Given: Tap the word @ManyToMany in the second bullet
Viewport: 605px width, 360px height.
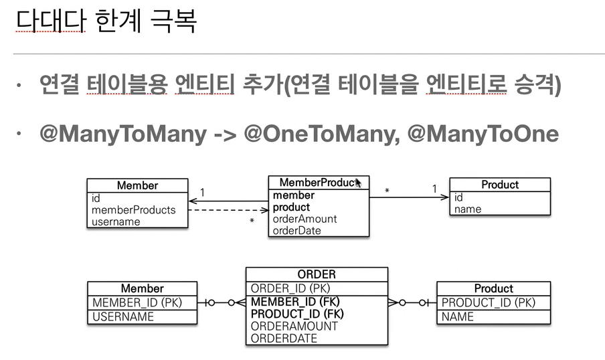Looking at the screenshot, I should point(124,134).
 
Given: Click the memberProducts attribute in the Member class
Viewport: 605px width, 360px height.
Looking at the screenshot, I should point(133,209).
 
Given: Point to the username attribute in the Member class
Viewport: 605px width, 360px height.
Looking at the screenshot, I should point(116,221).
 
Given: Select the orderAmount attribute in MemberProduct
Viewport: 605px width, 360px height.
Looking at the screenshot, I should point(305,219).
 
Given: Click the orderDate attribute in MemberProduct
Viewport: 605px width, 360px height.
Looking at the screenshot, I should point(297,230).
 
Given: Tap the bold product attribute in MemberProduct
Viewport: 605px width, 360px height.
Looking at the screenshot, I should point(291,207).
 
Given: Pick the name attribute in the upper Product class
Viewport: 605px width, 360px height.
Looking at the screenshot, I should point(467,209).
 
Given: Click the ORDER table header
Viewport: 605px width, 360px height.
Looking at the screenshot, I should point(317,274).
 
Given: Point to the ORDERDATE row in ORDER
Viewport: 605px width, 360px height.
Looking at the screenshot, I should point(284,339).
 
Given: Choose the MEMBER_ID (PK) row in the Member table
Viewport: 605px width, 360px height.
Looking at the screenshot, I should point(137,302).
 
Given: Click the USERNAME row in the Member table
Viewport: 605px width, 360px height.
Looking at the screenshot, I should point(123,317).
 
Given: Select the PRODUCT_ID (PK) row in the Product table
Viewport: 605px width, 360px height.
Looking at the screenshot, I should point(488,302).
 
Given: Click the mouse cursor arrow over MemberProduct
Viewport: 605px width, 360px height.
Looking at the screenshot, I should point(358,182).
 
